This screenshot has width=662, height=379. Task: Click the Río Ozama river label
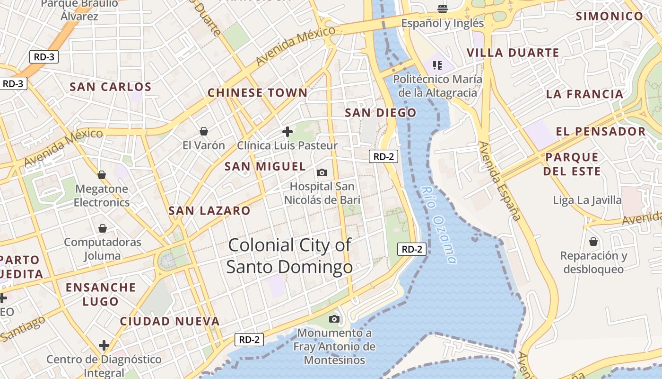[x=438, y=224]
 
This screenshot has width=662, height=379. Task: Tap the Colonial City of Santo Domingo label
[x=289, y=256]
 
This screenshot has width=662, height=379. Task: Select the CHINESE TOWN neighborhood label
[x=258, y=93]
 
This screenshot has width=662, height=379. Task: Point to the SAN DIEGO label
[x=381, y=113]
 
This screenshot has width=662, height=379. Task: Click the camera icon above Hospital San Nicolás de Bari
[x=322, y=172]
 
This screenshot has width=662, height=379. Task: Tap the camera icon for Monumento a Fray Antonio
[x=334, y=319]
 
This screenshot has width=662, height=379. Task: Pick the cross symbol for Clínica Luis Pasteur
[x=287, y=131]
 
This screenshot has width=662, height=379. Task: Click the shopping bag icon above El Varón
[x=204, y=131]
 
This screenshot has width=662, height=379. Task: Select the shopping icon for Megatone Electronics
[x=102, y=175]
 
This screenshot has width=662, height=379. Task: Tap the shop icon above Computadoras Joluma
[x=103, y=228]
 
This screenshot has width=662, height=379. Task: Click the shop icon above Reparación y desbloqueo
[x=593, y=242]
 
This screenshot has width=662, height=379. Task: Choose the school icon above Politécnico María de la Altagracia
[x=437, y=65]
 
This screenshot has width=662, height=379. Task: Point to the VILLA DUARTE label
[x=513, y=53]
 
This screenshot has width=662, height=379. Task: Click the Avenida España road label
[x=499, y=180]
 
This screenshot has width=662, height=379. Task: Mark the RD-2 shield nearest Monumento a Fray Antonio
[x=249, y=339]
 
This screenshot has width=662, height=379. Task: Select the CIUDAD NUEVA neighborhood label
[x=170, y=321]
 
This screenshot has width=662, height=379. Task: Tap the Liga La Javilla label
[x=587, y=200]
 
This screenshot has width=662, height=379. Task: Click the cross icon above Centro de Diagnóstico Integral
[x=104, y=345]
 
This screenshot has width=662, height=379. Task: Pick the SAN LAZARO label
[x=209, y=211]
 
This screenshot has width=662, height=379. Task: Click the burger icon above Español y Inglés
[x=443, y=9]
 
